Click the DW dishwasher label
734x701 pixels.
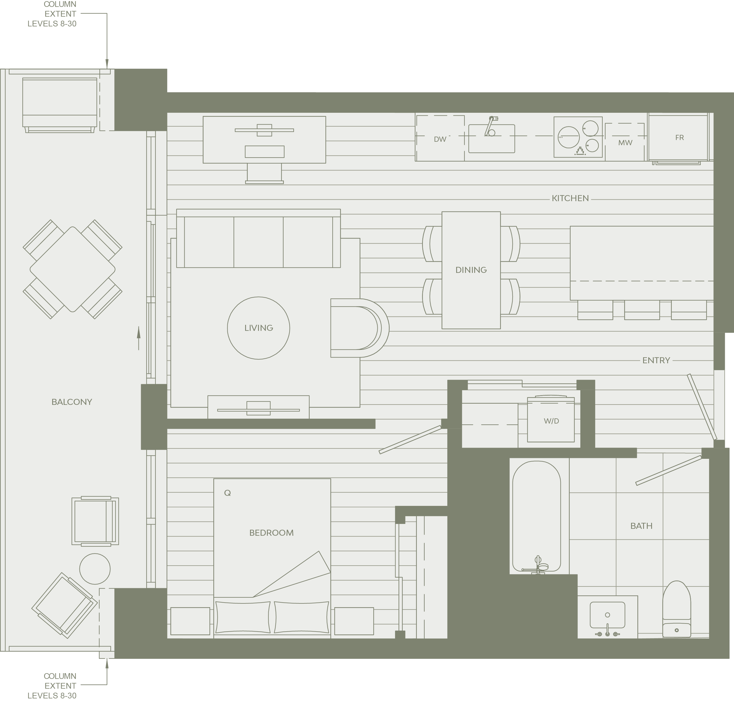tap(440, 139)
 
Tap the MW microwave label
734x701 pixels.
tap(625, 142)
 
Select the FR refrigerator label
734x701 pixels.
tap(680, 137)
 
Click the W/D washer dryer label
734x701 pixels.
tap(551, 421)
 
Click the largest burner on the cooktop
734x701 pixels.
tap(569, 137)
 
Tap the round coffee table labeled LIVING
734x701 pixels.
tap(258, 328)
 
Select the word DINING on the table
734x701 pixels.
tap(471, 270)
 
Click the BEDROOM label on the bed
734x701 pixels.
tap(272, 533)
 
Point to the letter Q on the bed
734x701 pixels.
tap(227, 493)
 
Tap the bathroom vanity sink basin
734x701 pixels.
tap(608, 615)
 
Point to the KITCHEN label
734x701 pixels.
tap(570, 198)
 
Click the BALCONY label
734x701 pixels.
tap(72, 402)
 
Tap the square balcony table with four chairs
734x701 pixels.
tap(73, 269)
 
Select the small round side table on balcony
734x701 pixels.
tap(95, 569)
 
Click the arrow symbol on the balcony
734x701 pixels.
tap(139, 338)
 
